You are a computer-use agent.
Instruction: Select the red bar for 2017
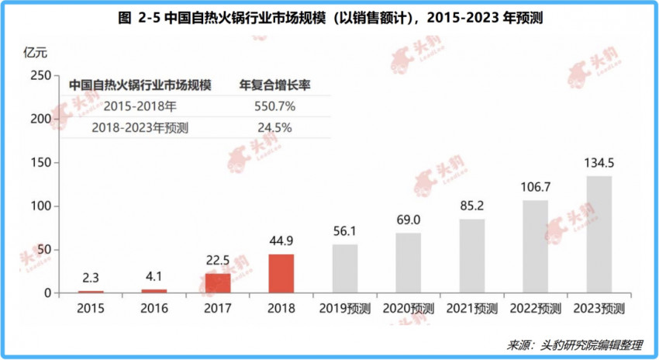218,283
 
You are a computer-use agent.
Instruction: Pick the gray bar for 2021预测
471,256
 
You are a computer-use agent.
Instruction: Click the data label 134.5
599,164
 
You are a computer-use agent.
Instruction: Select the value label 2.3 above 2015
91,278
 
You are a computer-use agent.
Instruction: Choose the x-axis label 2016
154,307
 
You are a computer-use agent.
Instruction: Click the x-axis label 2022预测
535,307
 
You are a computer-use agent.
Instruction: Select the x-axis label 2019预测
345,307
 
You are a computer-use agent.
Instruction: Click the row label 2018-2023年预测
140,128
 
